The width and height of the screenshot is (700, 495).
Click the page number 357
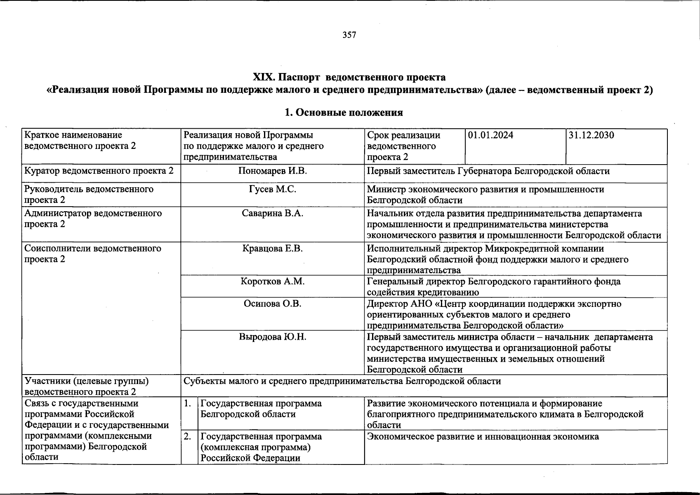pos(349,35)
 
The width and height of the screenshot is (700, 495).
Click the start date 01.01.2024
pos(490,135)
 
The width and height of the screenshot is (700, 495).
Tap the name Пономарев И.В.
pos(272,171)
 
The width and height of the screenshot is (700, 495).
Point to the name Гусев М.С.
pos(272,189)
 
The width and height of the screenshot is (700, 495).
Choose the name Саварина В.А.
pos(272,214)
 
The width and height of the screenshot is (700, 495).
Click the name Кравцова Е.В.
pos(272,249)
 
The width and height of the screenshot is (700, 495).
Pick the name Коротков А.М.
pos(272,282)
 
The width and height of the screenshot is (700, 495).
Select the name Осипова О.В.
pos(272,304)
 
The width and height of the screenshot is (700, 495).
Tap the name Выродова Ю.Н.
pos(272,337)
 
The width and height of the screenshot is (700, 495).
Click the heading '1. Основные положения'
pos(344,113)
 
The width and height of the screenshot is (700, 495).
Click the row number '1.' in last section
pos(188,403)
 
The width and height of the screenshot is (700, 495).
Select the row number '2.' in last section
pos(188,436)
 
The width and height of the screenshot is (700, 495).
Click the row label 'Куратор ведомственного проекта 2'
pos(99,171)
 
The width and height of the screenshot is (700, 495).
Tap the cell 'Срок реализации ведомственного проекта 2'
pos(403,146)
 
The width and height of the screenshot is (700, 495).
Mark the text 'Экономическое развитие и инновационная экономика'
pos(483,437)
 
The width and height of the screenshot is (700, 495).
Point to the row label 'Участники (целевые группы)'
pos(86,381)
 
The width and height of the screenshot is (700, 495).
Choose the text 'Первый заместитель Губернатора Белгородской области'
pos(488,171)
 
